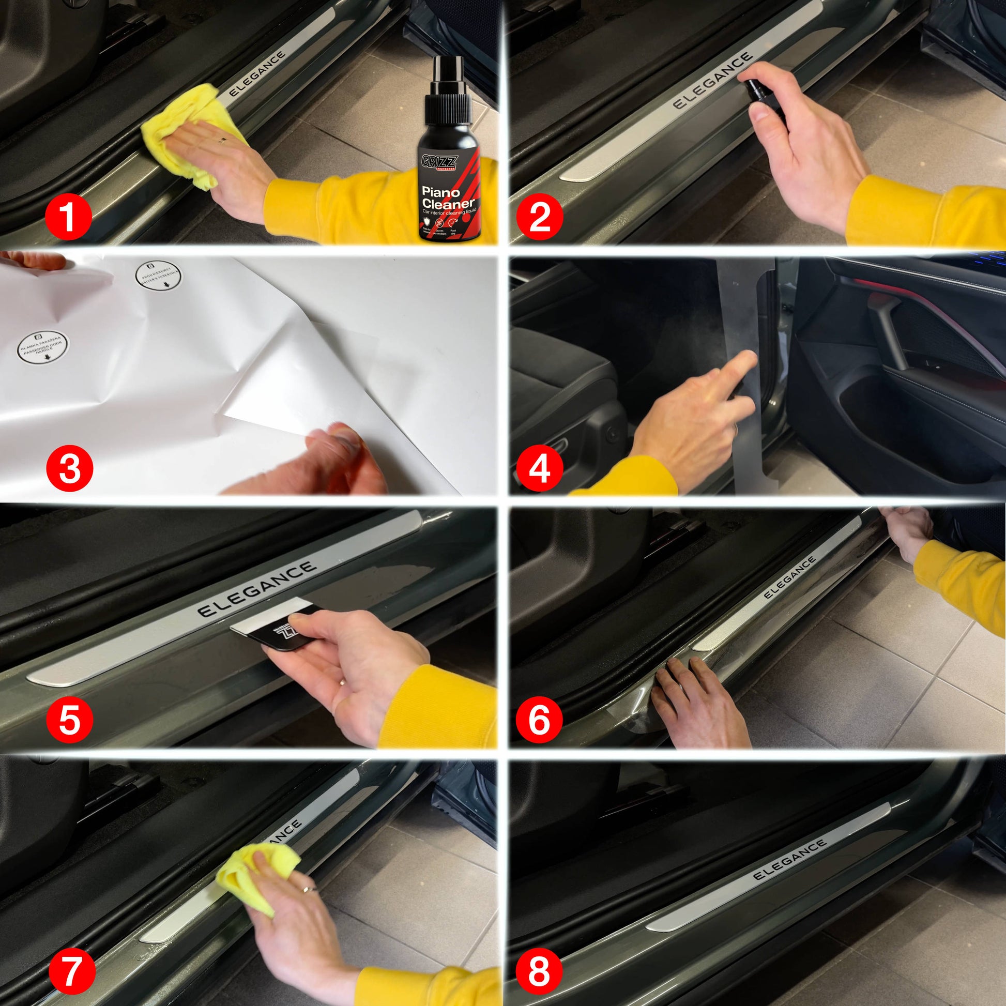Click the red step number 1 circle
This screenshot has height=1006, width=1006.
coord(69,217)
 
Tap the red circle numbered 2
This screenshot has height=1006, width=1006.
coord(540,217)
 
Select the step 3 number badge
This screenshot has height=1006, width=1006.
coord(70,468)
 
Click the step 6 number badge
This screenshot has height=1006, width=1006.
coord(540,721)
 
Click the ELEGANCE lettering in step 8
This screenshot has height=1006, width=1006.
coord(790,860)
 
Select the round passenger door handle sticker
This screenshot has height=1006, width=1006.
coord(43,348)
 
